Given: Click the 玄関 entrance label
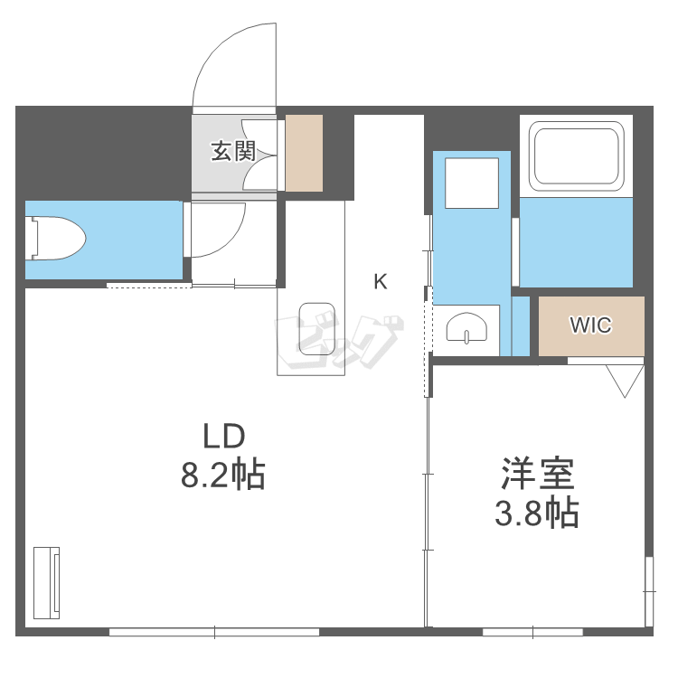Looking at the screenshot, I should [233, 151].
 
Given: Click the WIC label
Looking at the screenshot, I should [590, 325].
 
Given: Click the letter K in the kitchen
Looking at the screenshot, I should [381, 282].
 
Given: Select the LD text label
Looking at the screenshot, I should [222, 438].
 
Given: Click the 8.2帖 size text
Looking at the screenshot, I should [222, 475].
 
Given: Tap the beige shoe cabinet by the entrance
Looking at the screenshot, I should [304, 153].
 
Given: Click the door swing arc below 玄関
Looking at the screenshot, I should [219, 231].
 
